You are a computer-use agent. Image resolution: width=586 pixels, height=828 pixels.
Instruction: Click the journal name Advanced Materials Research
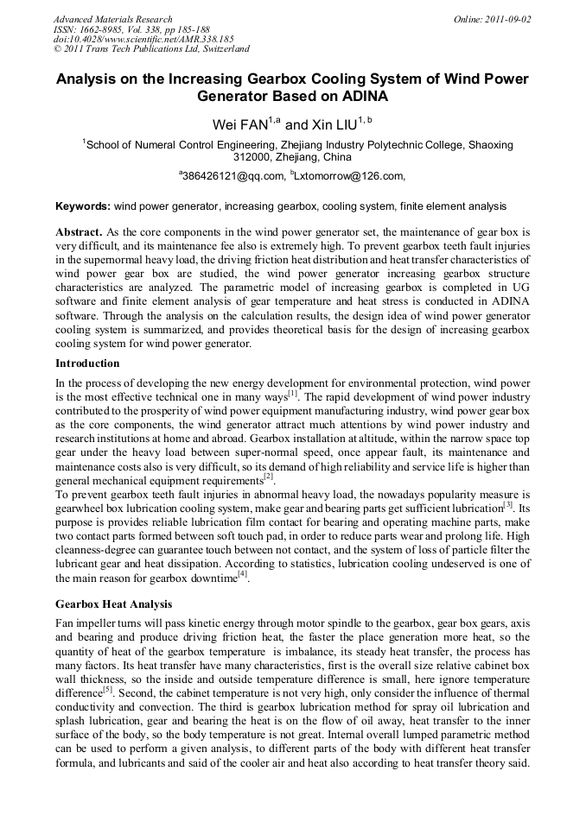click(x=112, y=18)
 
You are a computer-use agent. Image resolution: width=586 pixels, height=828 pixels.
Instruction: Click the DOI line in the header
click(x=143, y=39)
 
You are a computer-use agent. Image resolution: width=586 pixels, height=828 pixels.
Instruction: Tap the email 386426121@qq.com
click(x=233, y=176)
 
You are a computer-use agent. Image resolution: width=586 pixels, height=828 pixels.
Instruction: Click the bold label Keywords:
click(x=83, y=207)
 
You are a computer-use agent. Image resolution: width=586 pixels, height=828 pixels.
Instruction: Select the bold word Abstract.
click(x=80, y=233)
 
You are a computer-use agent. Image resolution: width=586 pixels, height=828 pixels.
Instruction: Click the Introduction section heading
click(x=87, y=363)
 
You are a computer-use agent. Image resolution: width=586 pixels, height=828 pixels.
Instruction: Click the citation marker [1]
click(x=293, y=394)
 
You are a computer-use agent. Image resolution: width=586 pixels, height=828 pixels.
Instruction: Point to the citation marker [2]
click(x=269, y=476)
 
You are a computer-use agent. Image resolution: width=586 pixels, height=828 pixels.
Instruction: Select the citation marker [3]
click(x=508, y=503)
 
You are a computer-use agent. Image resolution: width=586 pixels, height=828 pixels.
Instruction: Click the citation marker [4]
click(x=242, y=572)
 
